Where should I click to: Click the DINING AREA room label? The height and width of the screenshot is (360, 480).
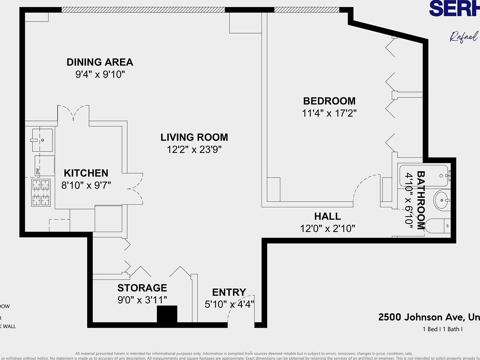100,62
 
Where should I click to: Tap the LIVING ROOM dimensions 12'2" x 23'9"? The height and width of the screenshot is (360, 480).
194,150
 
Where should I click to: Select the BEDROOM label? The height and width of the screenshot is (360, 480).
329,101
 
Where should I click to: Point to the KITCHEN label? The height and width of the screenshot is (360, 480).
86,173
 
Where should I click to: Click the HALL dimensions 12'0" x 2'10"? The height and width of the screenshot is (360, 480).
327,228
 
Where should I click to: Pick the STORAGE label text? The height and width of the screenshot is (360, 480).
142,288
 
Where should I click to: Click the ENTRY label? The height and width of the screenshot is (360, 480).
229,292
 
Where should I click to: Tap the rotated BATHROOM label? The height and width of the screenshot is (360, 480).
421,200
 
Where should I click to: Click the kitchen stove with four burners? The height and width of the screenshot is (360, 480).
41,192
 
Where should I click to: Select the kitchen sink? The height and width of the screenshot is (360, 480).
42,140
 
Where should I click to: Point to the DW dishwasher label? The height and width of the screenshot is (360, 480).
38,172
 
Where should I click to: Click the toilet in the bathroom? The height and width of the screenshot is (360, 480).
437,226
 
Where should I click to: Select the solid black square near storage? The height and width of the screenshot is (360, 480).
167,314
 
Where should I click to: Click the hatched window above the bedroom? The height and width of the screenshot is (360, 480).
306,10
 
